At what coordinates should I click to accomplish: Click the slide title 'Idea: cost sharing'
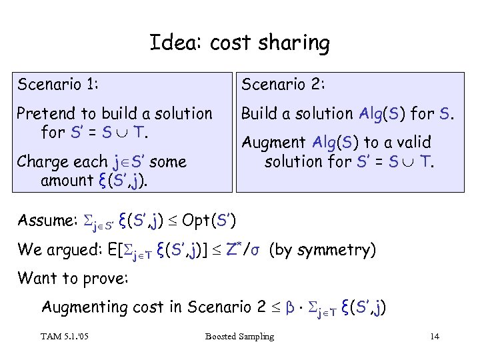pos(239,44)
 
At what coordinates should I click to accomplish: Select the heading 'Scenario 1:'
pos(59,85)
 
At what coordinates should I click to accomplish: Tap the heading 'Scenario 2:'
pos(283,85)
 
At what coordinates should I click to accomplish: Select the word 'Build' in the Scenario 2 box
pos(259,114)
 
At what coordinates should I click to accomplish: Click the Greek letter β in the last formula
pos(290,308)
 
